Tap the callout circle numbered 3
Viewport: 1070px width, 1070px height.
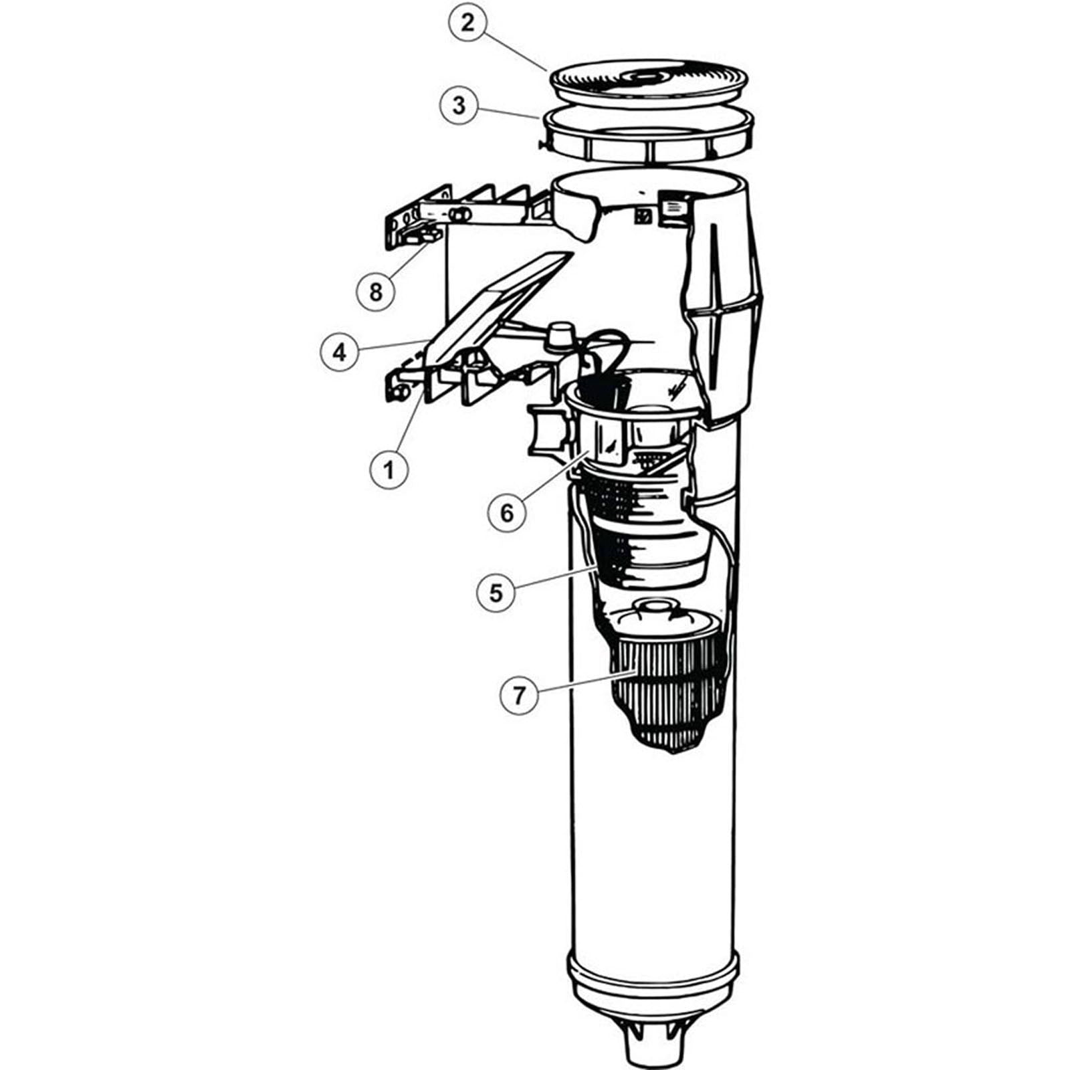pyautogui.click(x=459, y=106)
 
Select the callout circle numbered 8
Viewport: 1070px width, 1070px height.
pyautogui.click(x=376, y=291)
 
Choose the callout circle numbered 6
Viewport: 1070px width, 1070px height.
pyautogui.click(x=507, y=512)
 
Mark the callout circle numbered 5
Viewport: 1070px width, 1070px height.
pyautogui.click(x=496, y=593)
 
